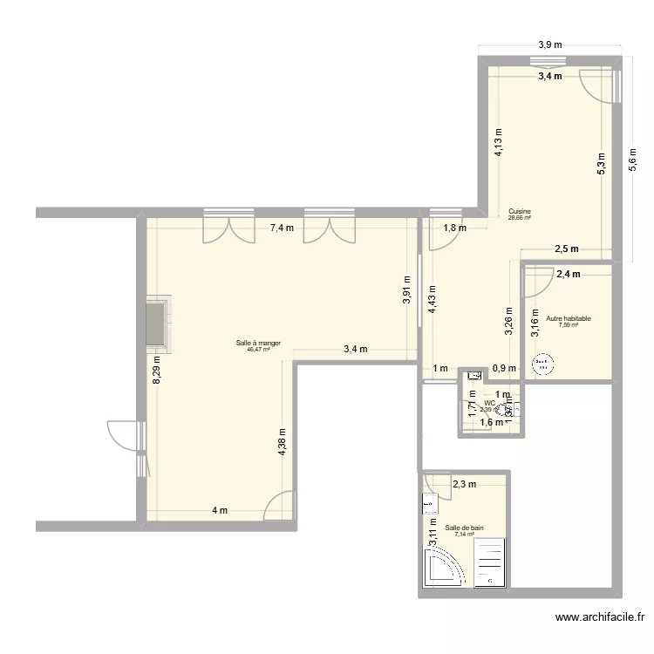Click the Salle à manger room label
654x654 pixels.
pyautogui.click(x=257, y=343)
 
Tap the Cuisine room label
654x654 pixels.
pyautogui.click(x=520, y=212)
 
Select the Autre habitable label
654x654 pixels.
pyautogui.click(x=568, y=319)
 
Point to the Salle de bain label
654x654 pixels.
pyautogui.click(x=464, y=528)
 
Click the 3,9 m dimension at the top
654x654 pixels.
pyautogui.click(x=550, y=44)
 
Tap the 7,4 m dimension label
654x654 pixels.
pyautogui.click(x=282, y=228)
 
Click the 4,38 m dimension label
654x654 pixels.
pyautogui.click(x=281, y=442)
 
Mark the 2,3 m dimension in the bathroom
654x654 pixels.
pyautogui.click(x=463, y=485)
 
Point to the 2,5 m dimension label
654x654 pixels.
pyautogui.click(x=566, y=249)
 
